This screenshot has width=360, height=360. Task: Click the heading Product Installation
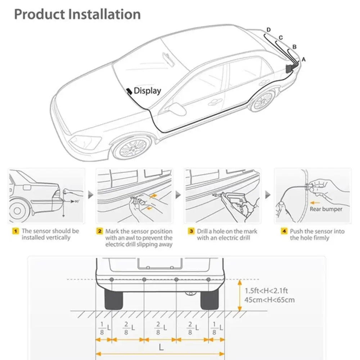tap(77, 14)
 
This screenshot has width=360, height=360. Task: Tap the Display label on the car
tap(147, 91)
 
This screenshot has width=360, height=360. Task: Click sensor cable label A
tap(303, 59)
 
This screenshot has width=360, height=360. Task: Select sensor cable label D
tap(269, 30)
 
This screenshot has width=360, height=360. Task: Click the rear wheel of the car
tap(262, 101)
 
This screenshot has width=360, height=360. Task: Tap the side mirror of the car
tap(176, 109)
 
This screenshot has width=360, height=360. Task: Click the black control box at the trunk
tap(289, 68)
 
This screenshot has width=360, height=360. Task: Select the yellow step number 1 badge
tap(15, 231)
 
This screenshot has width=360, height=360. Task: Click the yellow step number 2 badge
tap(100, 231)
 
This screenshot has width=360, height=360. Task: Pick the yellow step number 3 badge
tap(191, 231)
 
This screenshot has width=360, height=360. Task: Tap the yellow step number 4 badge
tap(284, 231)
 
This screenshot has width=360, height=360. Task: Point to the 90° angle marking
tap(76, 201)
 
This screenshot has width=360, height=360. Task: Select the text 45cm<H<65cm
tap(270, 300)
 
